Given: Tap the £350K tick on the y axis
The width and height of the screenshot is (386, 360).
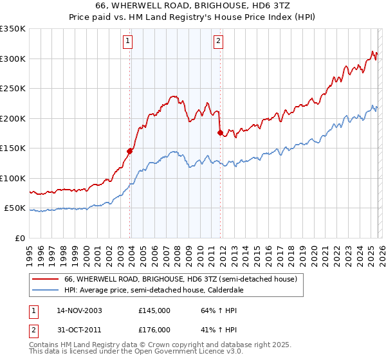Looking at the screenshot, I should (x=13, y=29).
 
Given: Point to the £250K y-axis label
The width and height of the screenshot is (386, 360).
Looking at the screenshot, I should (x=13, y=89).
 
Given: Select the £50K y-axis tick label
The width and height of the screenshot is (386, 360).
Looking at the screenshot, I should (x=15, y=208).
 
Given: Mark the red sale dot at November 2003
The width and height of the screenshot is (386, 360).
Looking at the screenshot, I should (x=130, y=151).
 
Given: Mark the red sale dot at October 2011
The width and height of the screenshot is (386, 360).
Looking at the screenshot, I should (x=220, y=133).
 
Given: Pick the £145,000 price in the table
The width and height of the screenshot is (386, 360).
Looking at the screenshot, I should (x=154, y=310).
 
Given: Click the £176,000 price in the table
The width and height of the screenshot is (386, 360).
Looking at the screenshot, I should (x=154, y=329).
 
